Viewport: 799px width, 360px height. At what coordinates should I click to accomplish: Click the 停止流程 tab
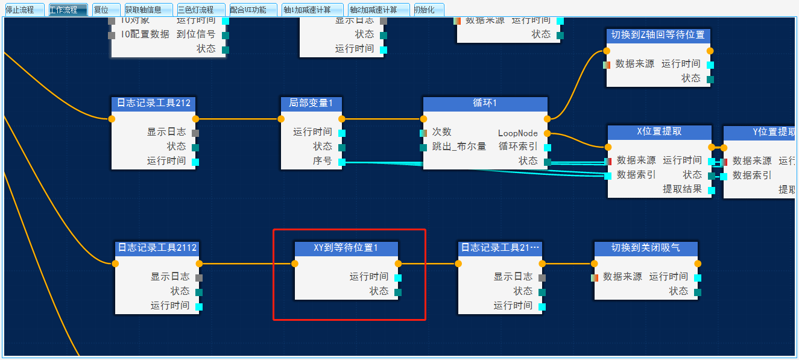tap(23, 10)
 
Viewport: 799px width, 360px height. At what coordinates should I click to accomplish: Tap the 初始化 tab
tap(428, 10)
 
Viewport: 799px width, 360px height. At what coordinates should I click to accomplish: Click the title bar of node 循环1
tap(485, 103)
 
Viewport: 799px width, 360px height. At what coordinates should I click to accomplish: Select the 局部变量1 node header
tap(311, 103)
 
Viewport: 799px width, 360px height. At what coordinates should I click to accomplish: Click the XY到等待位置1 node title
tap(346, 248)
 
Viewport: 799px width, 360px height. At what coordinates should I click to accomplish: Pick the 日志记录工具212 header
tap(153, 103)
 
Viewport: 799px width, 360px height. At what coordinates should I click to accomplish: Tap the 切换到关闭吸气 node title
tap(645, 248)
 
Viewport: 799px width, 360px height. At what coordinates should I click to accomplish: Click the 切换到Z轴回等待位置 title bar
tap(657, 35)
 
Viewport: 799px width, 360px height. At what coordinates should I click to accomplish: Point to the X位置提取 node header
tap(659, 131)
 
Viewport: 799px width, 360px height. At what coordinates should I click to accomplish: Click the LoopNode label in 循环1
tap(517, 133)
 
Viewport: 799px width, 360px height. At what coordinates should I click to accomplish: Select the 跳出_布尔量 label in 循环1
tap(459, 147)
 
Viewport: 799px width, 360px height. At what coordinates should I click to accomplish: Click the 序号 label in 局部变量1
tap(322, 161)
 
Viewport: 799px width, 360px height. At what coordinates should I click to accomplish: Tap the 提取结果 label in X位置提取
tap(682, 189)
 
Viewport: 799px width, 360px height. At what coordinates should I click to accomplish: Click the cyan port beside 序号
tap(342, 162)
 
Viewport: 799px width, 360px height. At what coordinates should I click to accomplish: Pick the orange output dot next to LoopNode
tap(547, 133)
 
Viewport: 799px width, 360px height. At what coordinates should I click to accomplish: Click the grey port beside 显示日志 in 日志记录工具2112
tap(199, 277)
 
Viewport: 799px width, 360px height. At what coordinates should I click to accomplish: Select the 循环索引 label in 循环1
tap(517, 147)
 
